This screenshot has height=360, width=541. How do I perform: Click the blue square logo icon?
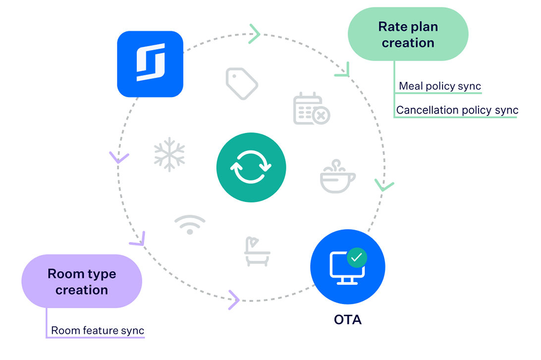pyautogui.click(x=150, y=64)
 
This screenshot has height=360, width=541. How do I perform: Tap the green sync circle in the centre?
pyautogui.click(x=251, y=168)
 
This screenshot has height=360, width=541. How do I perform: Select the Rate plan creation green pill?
pyautogui.click(x=408, y=34)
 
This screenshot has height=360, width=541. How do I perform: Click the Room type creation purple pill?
pyautogui.click(x=82, y=281)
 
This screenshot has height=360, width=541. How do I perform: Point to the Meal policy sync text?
pyautogui.click(x=440, y=86)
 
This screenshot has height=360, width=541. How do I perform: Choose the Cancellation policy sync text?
pyautogui.click(x=457, y=110)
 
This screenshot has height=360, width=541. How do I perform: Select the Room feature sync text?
pyautogui.click(x=98, y=330)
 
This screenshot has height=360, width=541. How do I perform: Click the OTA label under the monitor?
pyautogui.click(x=348, y=320)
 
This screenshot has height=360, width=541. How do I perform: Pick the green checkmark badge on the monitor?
pyautogui.click(x=357, y=257)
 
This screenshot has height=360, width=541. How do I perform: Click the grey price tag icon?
pyautogui.click(x=242, y=83)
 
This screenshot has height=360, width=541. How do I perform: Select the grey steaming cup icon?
pyautogui.click(x=337, y=177)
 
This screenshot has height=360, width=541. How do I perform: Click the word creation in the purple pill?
pyautogui.click(x=82, y=290)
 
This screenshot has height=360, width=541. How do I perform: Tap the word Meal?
pyautogui.click(x=411, y=86)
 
